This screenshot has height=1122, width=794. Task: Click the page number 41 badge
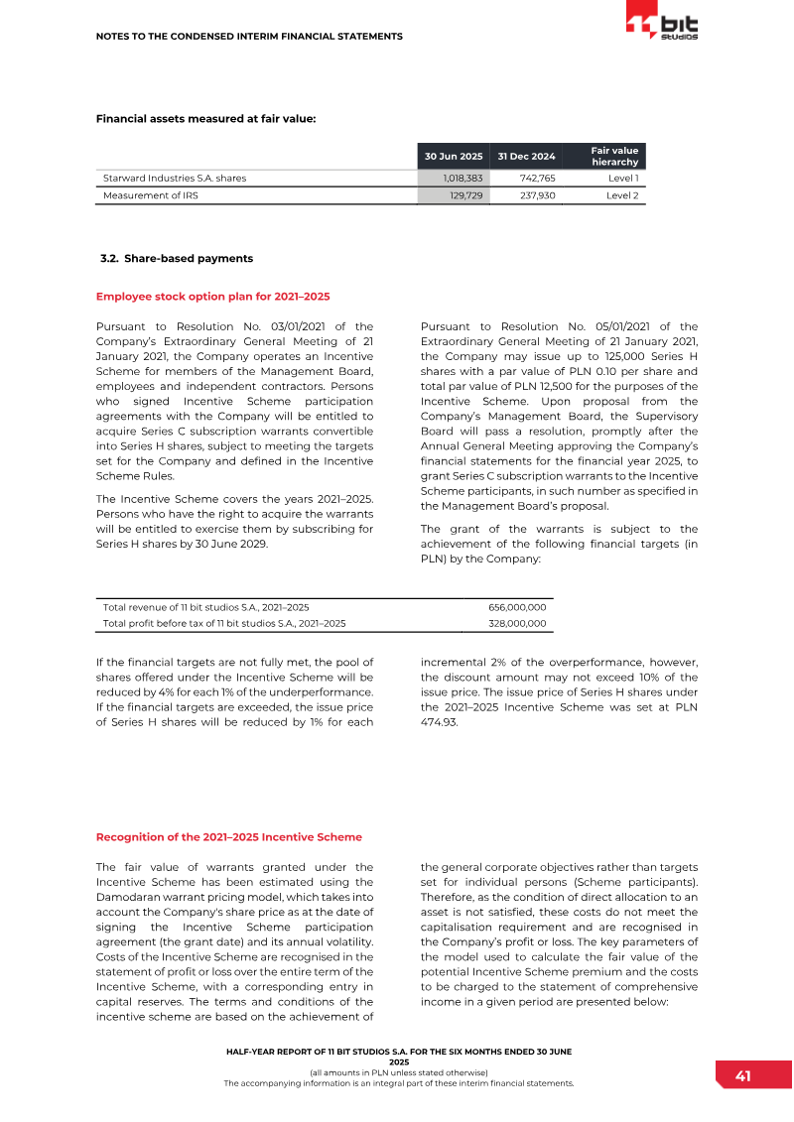(x=741, y=1076)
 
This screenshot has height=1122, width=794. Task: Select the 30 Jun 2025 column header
(x=453, y=156)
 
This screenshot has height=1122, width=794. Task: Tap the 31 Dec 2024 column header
(x=526, y=156)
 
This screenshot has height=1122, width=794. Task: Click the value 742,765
(x=537, y=178)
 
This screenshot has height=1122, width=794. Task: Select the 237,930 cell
(x=537, y=196)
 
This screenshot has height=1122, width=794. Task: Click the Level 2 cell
(x=621, y=196)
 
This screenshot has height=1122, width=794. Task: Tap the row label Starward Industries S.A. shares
(x=175, y=178)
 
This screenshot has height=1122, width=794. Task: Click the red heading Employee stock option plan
(x=212, y=296)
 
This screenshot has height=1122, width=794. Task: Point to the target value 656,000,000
(x=517, y=606)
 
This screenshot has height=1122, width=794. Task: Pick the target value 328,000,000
(x=517, y=623)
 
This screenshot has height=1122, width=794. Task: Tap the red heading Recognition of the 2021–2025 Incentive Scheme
(x=228, y=837)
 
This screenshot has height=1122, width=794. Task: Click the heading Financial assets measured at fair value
(x=205, y=119)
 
